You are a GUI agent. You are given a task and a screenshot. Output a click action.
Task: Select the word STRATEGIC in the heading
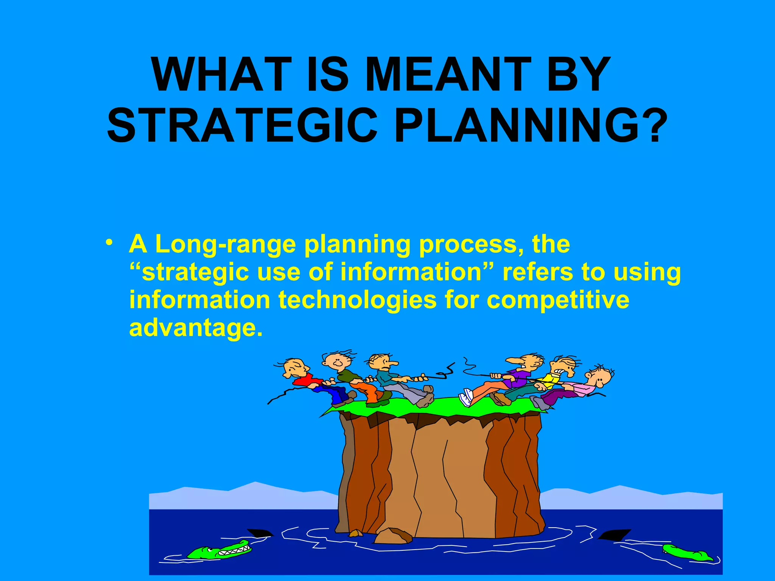click(242, 125)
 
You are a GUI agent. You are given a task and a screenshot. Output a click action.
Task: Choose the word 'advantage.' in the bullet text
click(195, 328)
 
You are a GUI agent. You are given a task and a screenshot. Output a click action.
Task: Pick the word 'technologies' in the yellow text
click(357, 300)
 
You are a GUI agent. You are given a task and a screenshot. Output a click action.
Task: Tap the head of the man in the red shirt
click(295, 367)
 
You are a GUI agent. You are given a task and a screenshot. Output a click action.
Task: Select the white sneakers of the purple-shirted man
click(466, 398)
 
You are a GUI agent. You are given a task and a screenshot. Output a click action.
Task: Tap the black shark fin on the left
click(260, 533)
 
